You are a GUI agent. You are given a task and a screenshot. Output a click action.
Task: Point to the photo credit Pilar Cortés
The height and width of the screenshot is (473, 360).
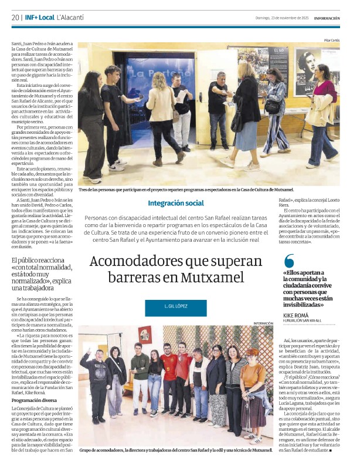[x=331, y=40]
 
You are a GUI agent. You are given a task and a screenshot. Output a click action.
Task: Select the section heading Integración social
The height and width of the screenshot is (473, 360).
[x=176, y=203]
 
